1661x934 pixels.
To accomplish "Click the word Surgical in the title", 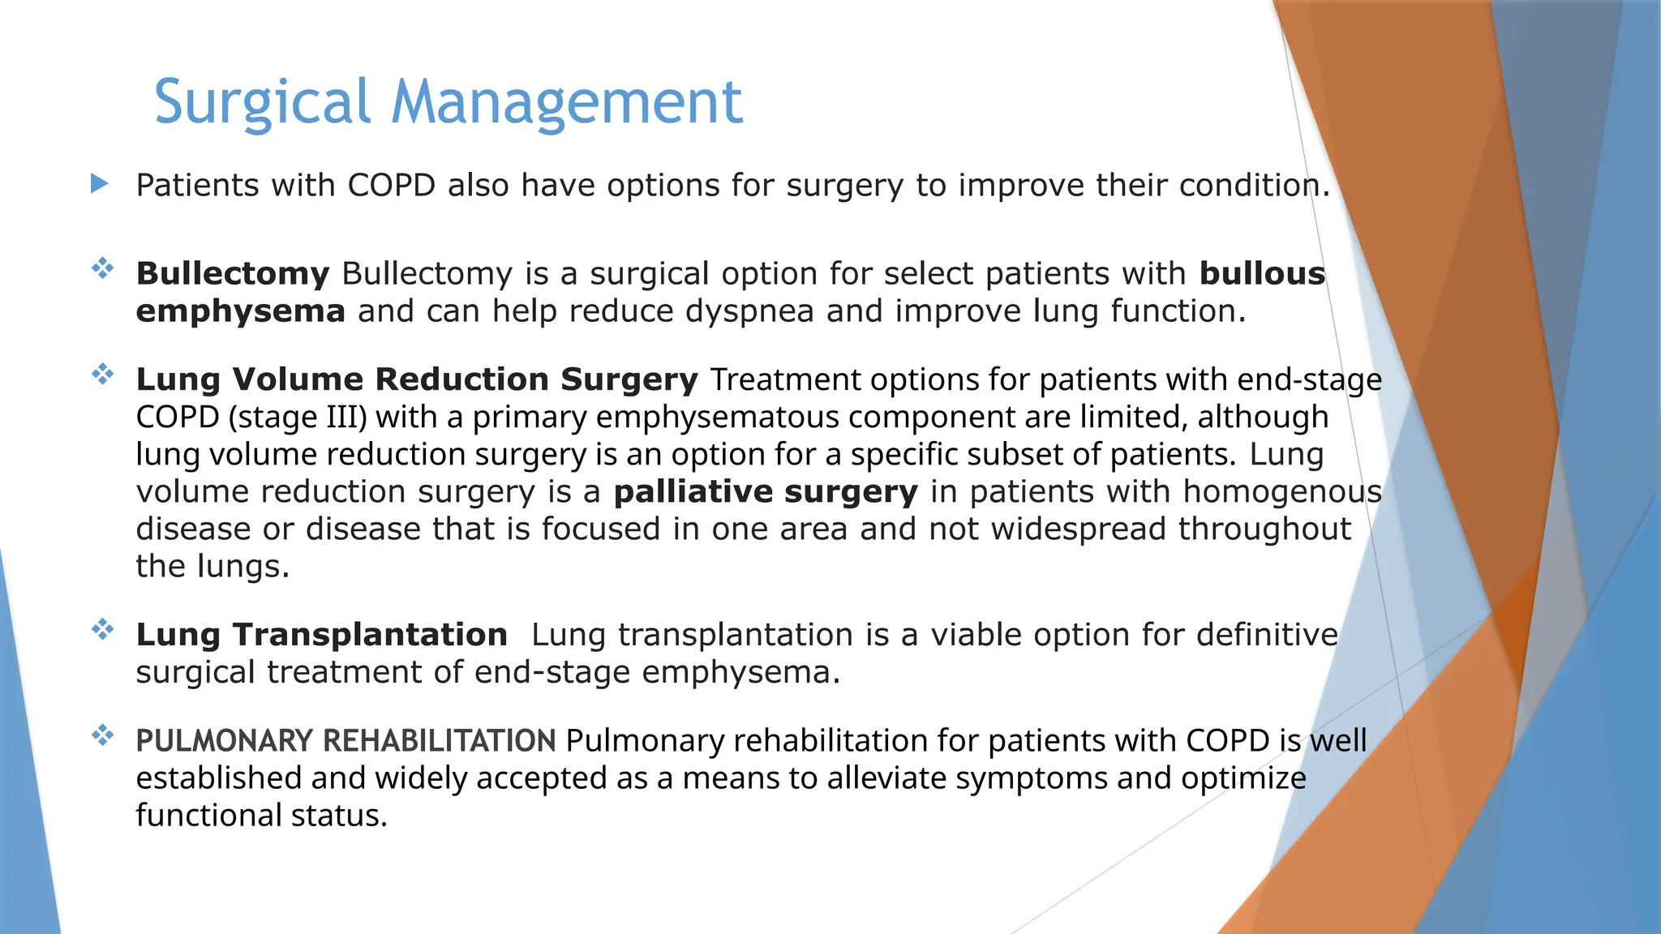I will [262, 102].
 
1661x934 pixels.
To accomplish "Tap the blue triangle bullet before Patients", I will [100, 183].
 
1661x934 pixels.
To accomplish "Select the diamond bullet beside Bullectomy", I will [102, 268].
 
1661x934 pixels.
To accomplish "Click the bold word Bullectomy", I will [232, 274].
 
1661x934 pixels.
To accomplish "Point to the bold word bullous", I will [1262, 274].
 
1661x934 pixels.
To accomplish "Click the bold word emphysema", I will [240, 311].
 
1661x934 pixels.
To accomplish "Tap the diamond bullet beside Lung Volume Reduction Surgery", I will [102, 374].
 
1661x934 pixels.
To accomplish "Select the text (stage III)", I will [298, 417].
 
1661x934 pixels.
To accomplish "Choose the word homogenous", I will [1281, 491].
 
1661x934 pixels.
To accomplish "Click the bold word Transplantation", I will [370, 635].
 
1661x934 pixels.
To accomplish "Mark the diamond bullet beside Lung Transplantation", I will [102, 629].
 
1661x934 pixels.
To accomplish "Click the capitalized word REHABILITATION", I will [439, 741].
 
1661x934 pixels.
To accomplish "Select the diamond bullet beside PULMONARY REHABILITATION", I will [102, 735].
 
